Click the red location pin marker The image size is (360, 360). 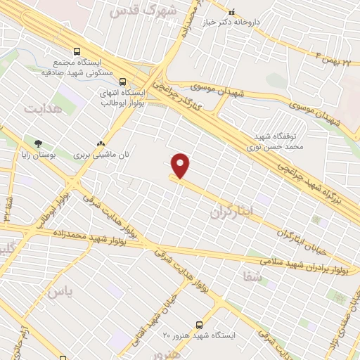coord(181,165)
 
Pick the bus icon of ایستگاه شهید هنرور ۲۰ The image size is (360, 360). coord(199,325)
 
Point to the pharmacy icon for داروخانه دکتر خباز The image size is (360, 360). coord(232,11)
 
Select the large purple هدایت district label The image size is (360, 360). coord(43,109)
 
